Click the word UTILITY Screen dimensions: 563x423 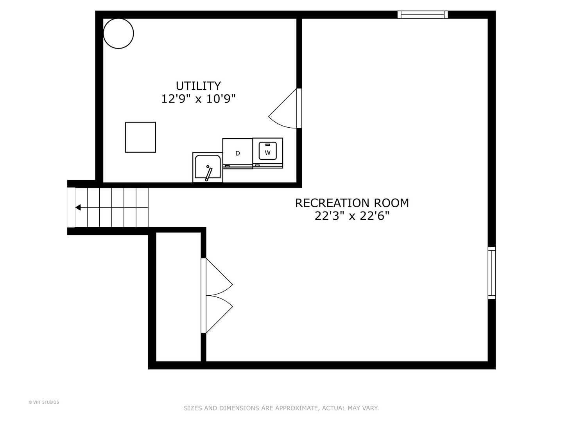click(x=198, y=86)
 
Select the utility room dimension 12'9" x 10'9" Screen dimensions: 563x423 click(x=198, y=99)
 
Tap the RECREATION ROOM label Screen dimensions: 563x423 click(x=351, y=203)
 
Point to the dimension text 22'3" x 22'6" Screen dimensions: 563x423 click(x=351, y=216)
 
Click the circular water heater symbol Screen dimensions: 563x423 click(x=118, y=33)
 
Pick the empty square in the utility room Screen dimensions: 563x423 click(x=141, y=137)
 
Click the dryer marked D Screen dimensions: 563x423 click(x=237, y=153)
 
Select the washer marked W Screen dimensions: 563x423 click(x=267, y=153)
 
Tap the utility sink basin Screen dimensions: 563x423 click(x=208, y=167)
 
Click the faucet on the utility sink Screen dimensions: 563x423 click(x=208, y=174)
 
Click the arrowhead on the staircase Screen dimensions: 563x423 click(x=78, y=208)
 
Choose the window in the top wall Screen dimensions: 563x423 click(x=422, y=14)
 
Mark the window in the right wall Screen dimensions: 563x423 click(x=492, y=273)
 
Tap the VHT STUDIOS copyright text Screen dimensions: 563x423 click(x=44, y=403)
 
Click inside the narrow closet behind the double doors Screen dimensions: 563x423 click(x=178, y=296)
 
